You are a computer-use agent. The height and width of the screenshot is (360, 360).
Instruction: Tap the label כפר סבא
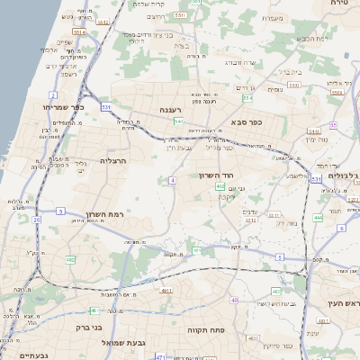tap(245, 121)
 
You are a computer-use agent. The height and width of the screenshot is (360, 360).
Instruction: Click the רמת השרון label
tap(103, 213)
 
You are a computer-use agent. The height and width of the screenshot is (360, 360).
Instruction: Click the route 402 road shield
tap(220, 186)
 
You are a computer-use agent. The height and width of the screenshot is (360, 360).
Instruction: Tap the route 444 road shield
tap(318, 217)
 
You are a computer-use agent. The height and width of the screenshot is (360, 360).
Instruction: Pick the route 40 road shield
tap(235, 300)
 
